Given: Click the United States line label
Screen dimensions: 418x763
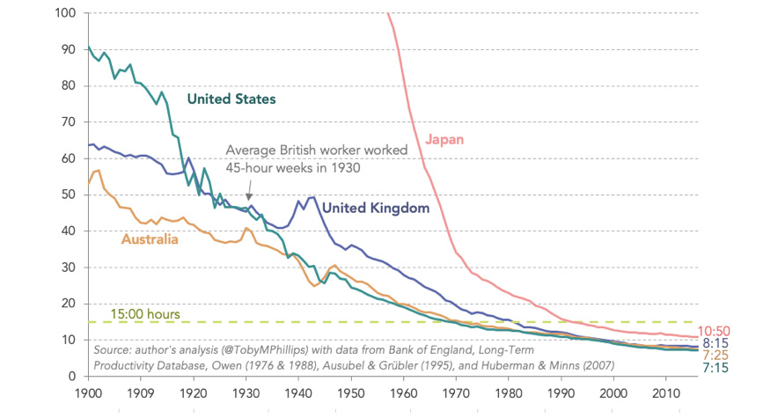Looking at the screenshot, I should (231, 99).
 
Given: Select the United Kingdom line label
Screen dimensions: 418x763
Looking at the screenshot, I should (375, 209).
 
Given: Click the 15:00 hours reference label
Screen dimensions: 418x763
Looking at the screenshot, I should (145, 313).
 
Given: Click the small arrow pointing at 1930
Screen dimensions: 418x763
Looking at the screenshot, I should (248, 194).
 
